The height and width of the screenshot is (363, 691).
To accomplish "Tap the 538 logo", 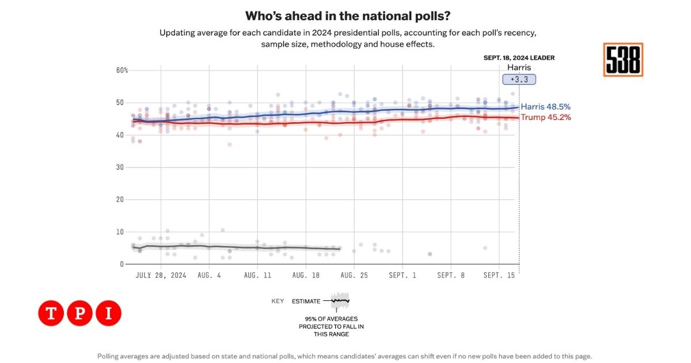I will pos(623,60).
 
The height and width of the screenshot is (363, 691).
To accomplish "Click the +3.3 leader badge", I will pos(519,80).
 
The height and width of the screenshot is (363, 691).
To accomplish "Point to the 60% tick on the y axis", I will pos(122,70).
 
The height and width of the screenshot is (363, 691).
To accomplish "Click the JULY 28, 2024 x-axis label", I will pos(161,275).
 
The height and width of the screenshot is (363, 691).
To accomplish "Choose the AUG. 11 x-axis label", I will pos(257,275).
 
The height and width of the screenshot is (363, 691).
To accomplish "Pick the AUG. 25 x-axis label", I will pos(354,275).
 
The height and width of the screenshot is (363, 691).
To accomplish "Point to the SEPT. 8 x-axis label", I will pos(450,275).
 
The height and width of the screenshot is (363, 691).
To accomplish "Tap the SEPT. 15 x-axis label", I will pos(499,275).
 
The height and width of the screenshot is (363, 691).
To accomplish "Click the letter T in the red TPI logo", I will pos(51,313).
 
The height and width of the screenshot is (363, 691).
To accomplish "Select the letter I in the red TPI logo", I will pos(108,313).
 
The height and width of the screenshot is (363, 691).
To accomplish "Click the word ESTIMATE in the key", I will pos(306,301).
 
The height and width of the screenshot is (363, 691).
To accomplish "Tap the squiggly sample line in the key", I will pos(340,301).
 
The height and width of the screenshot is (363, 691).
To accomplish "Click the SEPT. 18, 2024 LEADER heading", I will pos(519,58).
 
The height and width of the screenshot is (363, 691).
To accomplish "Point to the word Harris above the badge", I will pos(519,67).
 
